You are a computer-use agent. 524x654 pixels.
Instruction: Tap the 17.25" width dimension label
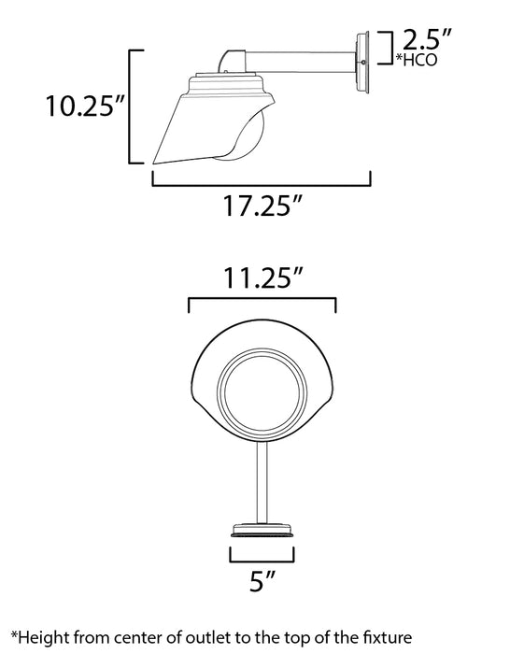(x=262, y=205)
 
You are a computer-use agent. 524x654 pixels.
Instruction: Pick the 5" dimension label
(x=262, y=587)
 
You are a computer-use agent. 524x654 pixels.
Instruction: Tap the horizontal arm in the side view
(x=299, y=63)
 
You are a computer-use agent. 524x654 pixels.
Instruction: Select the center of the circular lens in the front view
(x=262, y=393)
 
